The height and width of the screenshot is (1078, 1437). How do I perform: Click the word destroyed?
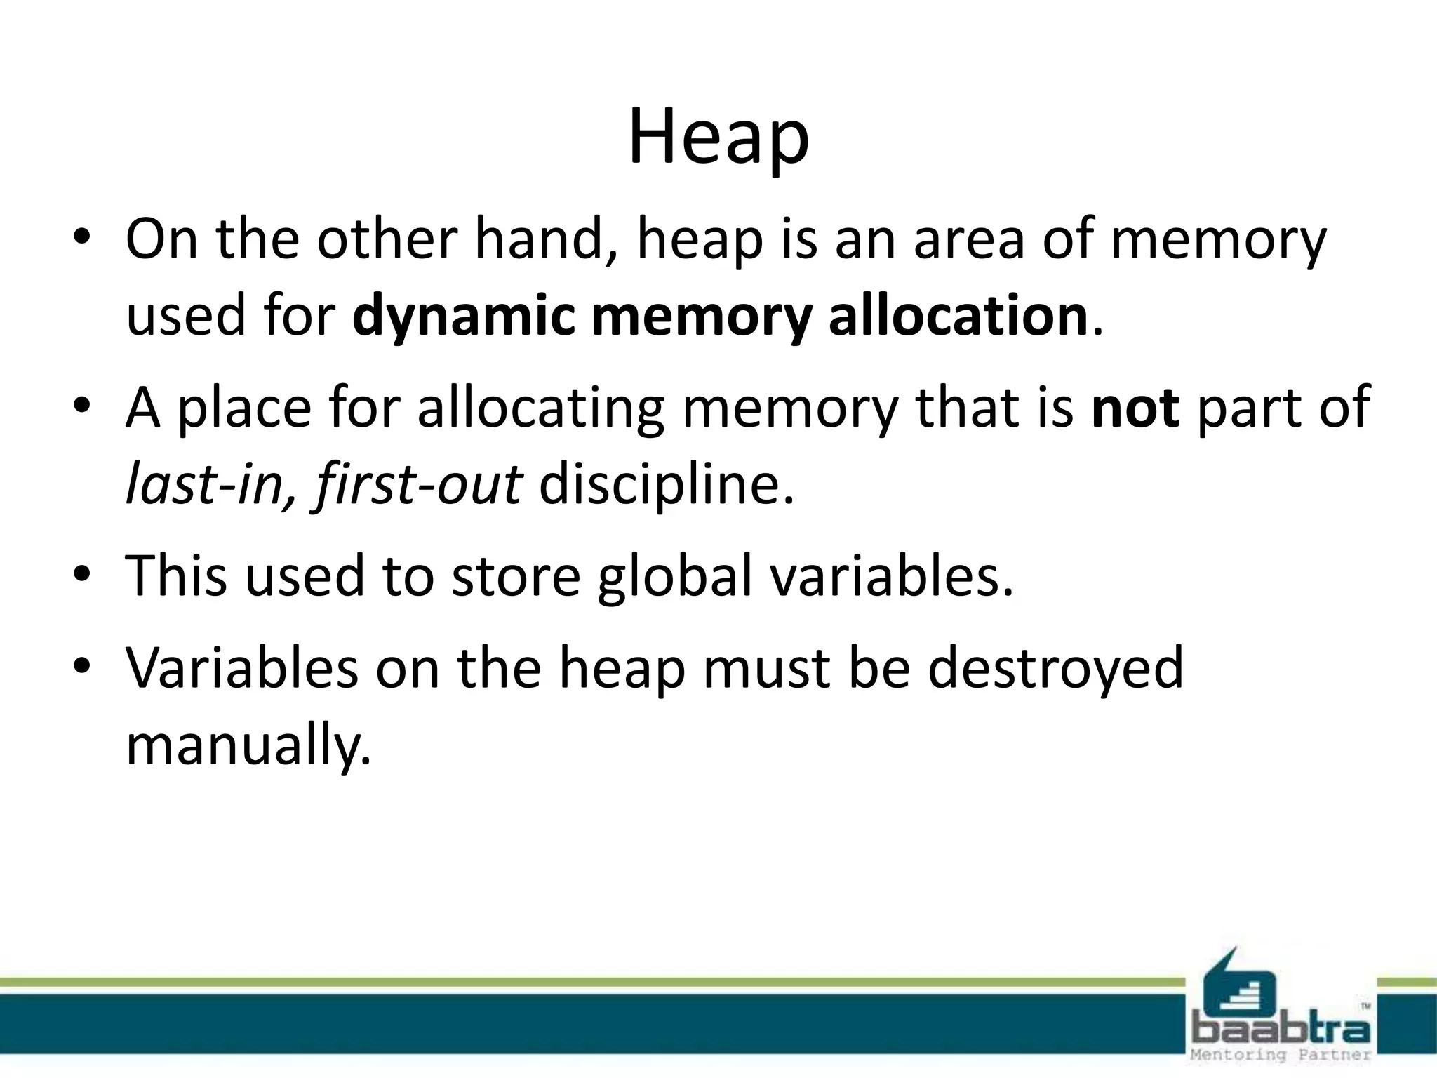click(1056, 668)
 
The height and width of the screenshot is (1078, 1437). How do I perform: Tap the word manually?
click(248, 745)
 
